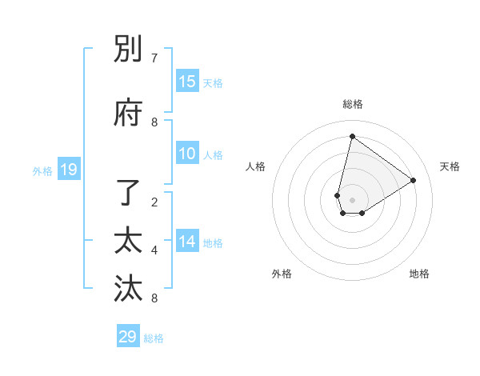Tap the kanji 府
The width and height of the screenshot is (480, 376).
pos(128,114)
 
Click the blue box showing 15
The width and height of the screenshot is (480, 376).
pos(187,82)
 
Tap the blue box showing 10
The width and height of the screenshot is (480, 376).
pos(187,154)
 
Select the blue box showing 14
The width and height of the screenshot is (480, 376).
pos(187,242)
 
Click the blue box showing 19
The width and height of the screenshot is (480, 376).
pos(68,170)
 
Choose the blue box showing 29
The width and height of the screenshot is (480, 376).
pos(127,337)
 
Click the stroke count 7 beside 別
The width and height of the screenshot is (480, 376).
pos(154,58)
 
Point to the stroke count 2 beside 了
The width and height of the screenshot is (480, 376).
pos(154,202)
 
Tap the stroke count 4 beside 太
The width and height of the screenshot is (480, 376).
pos(154,250)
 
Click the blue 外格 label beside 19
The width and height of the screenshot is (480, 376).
pos(42,170)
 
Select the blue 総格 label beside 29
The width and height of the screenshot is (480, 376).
pos(154,338)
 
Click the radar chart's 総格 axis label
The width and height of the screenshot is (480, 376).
pos(352,105)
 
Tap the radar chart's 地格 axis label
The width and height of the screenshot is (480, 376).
pos(419,274)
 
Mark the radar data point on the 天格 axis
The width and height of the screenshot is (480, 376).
pos(414,180)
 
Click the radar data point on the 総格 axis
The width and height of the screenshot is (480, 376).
pos(352,136)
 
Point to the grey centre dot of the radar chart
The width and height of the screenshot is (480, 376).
pos(352,200)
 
